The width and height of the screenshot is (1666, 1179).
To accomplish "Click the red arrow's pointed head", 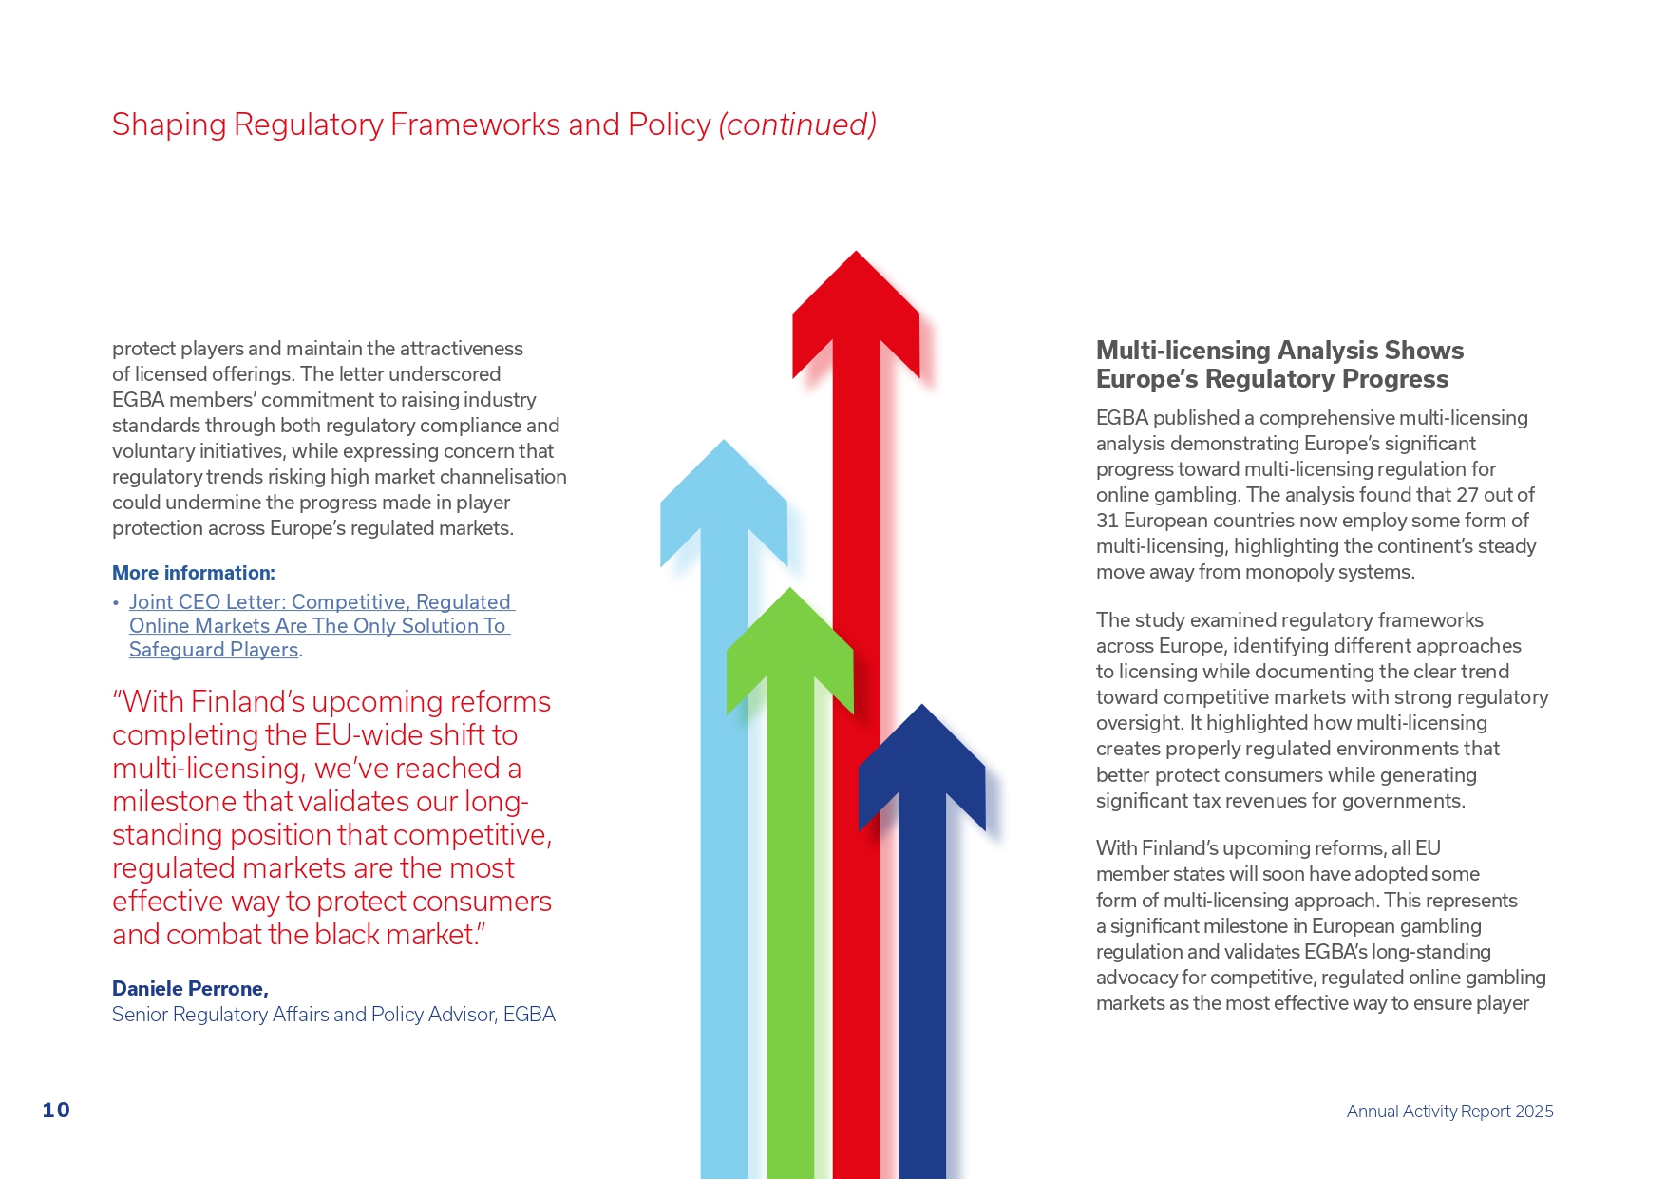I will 856,304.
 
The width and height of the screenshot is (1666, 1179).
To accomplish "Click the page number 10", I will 56,1110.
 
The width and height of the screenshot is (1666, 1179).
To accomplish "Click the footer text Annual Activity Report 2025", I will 1449,1111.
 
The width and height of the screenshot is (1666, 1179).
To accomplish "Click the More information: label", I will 194,573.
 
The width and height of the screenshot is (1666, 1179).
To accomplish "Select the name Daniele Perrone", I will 190,989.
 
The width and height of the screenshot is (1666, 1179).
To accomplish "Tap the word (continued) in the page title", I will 797,124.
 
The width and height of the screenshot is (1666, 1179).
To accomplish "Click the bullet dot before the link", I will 116,602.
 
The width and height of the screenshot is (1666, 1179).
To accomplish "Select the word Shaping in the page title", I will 169,124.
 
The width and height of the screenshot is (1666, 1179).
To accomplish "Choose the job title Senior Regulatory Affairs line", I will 333,1015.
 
